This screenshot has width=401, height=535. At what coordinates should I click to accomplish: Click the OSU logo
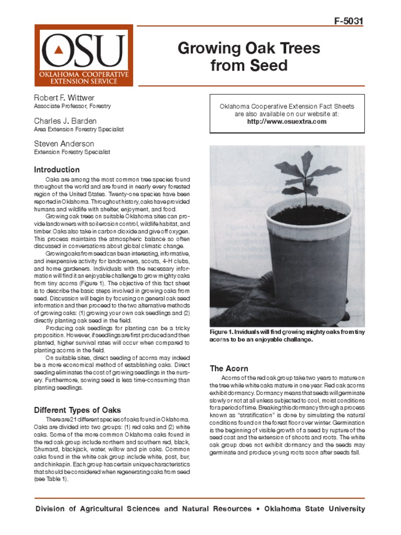(x=84, y=55)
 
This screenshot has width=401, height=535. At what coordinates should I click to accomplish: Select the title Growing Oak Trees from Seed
(x=249, y=57)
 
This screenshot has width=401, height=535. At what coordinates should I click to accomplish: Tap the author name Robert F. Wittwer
(x=64, y=98)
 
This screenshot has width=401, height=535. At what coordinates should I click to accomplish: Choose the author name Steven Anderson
(x=64, y=144)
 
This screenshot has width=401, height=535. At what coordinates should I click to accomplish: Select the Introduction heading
(x=57, y=170)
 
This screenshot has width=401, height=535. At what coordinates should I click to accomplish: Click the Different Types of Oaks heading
(x=77, y=410)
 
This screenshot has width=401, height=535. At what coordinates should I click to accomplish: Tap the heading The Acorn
(x=229, y=368)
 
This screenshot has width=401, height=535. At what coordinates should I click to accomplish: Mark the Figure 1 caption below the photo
(x=287, y=335)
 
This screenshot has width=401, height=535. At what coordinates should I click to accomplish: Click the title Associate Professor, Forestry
(x=72, y=106)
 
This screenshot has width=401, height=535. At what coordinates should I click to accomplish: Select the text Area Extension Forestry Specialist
(x=78, y=129)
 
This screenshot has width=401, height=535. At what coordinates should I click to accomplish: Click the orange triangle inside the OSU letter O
(x=61, y=50)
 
